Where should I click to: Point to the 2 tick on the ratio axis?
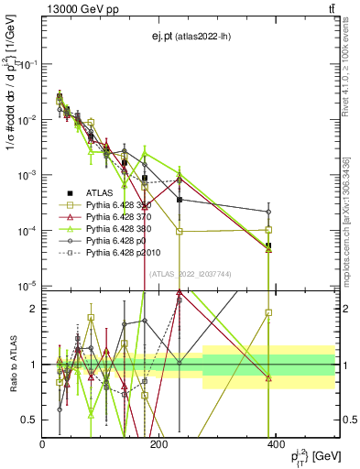click(35, 309)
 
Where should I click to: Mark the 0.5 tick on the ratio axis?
click(32, 420)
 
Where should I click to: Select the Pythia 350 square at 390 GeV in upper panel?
click(268, 229)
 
